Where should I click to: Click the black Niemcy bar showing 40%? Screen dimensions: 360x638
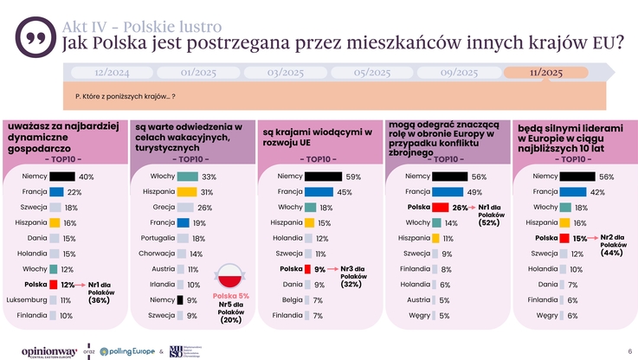62,177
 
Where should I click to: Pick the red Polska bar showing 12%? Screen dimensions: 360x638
54,284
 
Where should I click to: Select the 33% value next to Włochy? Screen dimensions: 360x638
209,177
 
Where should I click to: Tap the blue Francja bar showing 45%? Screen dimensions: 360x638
319,192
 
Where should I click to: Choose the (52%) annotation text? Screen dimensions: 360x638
489,223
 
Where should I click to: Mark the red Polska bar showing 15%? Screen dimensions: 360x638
566,238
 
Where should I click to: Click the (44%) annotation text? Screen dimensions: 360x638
612,253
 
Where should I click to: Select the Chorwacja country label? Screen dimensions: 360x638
158,254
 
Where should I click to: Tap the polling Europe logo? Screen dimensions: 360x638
126,351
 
